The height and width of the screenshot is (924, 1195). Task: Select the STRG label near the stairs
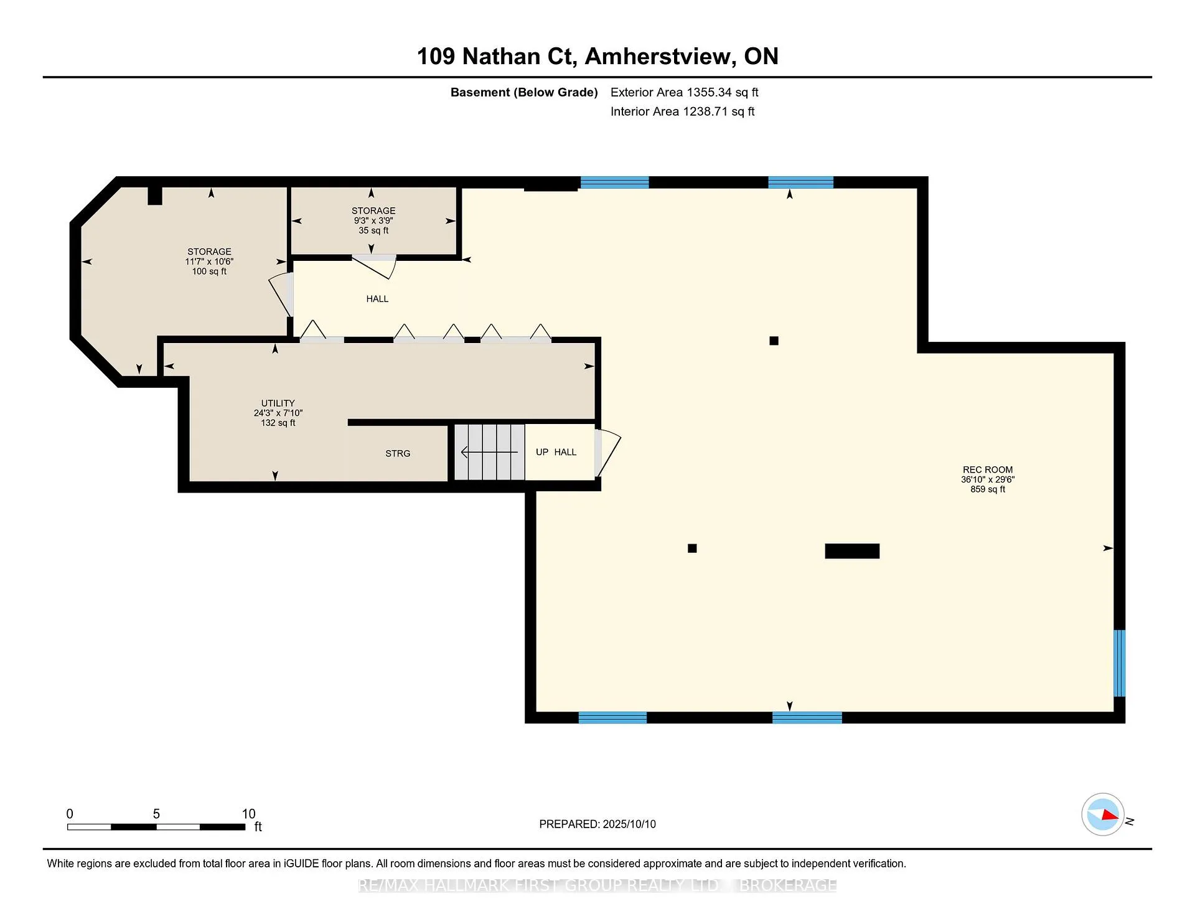pos(398,453)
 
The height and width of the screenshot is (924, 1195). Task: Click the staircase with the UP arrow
pos(489,452)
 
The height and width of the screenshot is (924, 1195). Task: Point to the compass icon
pos(1103,814)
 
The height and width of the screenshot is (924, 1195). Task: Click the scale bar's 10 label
pos(249,814)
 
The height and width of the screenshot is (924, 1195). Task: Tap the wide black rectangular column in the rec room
pos(852,551)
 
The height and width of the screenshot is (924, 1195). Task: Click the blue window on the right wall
pos(1119,663)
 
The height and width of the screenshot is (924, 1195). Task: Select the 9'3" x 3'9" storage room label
pos(373,220)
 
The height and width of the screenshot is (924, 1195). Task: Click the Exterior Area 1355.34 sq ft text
pos(684,92)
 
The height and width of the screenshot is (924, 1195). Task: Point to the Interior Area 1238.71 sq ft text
pos(682,111)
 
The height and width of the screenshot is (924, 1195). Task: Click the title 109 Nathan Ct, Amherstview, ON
pos(597,56)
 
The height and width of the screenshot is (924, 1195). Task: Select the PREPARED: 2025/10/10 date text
pos(597,824)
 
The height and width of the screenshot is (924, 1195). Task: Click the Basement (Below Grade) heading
pos(524,92)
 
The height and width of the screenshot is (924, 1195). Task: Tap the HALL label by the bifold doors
pos(377,299)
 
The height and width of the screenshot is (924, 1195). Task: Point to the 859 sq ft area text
pos(988,489)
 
